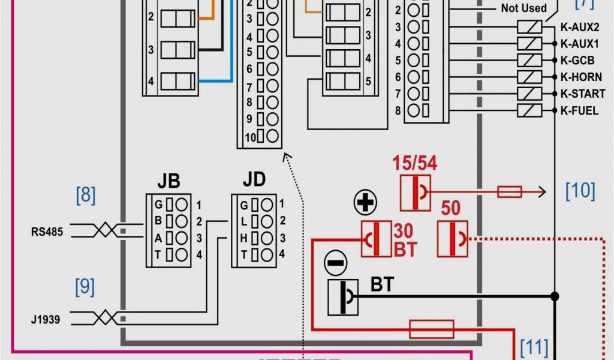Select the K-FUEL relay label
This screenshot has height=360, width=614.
click(579, 110)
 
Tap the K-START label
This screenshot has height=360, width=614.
click(580, 94)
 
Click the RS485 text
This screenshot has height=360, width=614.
click(47, 231)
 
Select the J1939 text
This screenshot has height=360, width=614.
click(46, 320)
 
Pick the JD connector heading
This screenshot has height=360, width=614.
click(254, 179)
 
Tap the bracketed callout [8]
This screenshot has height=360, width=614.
click(85, 196)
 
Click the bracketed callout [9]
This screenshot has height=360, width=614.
click(85, 287)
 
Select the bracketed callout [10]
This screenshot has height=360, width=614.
click(580, 191)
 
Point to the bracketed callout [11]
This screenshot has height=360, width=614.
click(534, 347)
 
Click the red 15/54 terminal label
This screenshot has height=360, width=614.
click(414, 163)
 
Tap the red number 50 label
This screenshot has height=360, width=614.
click(450, 208)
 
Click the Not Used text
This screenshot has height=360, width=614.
click(523, 8)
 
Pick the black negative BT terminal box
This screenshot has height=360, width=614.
click(343, 297)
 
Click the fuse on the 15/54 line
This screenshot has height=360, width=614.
click(510, 192)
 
